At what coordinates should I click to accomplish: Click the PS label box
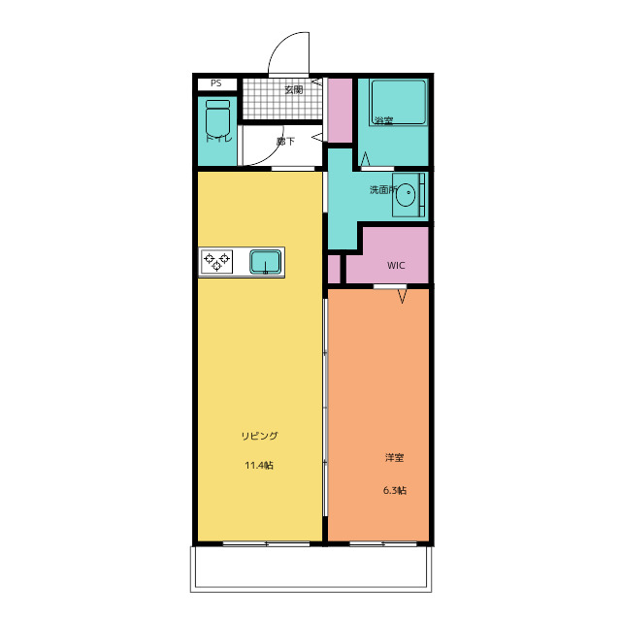tap(217, 84)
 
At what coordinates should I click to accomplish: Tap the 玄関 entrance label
tap(294, 89)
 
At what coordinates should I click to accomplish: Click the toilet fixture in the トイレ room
tap(217, 117)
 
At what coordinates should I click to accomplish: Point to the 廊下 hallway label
tap(285, 141)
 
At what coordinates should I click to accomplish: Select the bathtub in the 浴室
tap(398, 102)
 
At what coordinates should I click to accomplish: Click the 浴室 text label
tap(384, 120)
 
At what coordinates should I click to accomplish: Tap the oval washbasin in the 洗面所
tap(406, 195)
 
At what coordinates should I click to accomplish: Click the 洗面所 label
tap(383, 190)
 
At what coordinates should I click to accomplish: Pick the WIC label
tap(396, 265)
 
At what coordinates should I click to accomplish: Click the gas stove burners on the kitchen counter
tap(216, 262)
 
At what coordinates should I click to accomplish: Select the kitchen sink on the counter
tap(265, 262)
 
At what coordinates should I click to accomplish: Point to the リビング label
tap(260, 436)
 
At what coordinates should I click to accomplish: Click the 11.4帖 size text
tap(259, 465)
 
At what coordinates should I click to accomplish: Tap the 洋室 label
tap(395, 457)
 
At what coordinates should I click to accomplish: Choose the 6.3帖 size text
tap(395, 490)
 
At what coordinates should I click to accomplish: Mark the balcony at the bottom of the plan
tap(310, 570)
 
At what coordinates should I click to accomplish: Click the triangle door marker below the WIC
tap(403, 296)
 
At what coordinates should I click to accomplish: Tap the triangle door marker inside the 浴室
tap(365, 159)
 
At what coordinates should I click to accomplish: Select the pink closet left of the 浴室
tap(341, 111)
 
